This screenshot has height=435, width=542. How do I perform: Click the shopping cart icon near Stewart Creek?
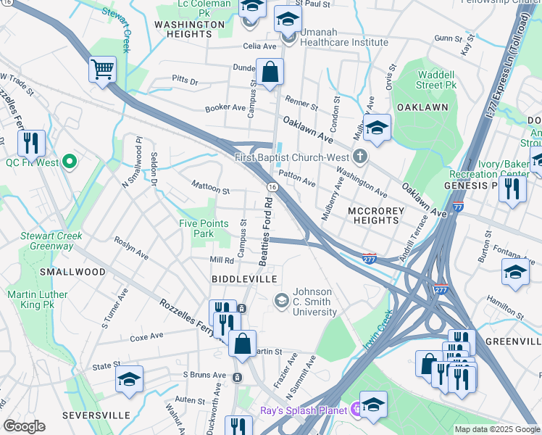point(103,70)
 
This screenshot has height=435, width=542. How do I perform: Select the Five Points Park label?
point(204,229)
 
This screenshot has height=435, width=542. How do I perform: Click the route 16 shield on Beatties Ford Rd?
point(272,187)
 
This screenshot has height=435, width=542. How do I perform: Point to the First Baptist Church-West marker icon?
point(359,157)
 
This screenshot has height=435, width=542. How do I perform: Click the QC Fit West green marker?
point(70,161)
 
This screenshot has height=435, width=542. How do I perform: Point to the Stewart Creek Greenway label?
point(41,241)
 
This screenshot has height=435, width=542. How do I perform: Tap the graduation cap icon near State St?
point(129,379)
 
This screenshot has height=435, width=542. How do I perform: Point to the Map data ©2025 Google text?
point(496,429)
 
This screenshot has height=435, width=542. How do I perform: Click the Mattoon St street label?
point(210,191)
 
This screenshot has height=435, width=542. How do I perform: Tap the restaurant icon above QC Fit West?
point(31,143)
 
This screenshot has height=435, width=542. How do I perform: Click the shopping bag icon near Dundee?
point(270,72)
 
